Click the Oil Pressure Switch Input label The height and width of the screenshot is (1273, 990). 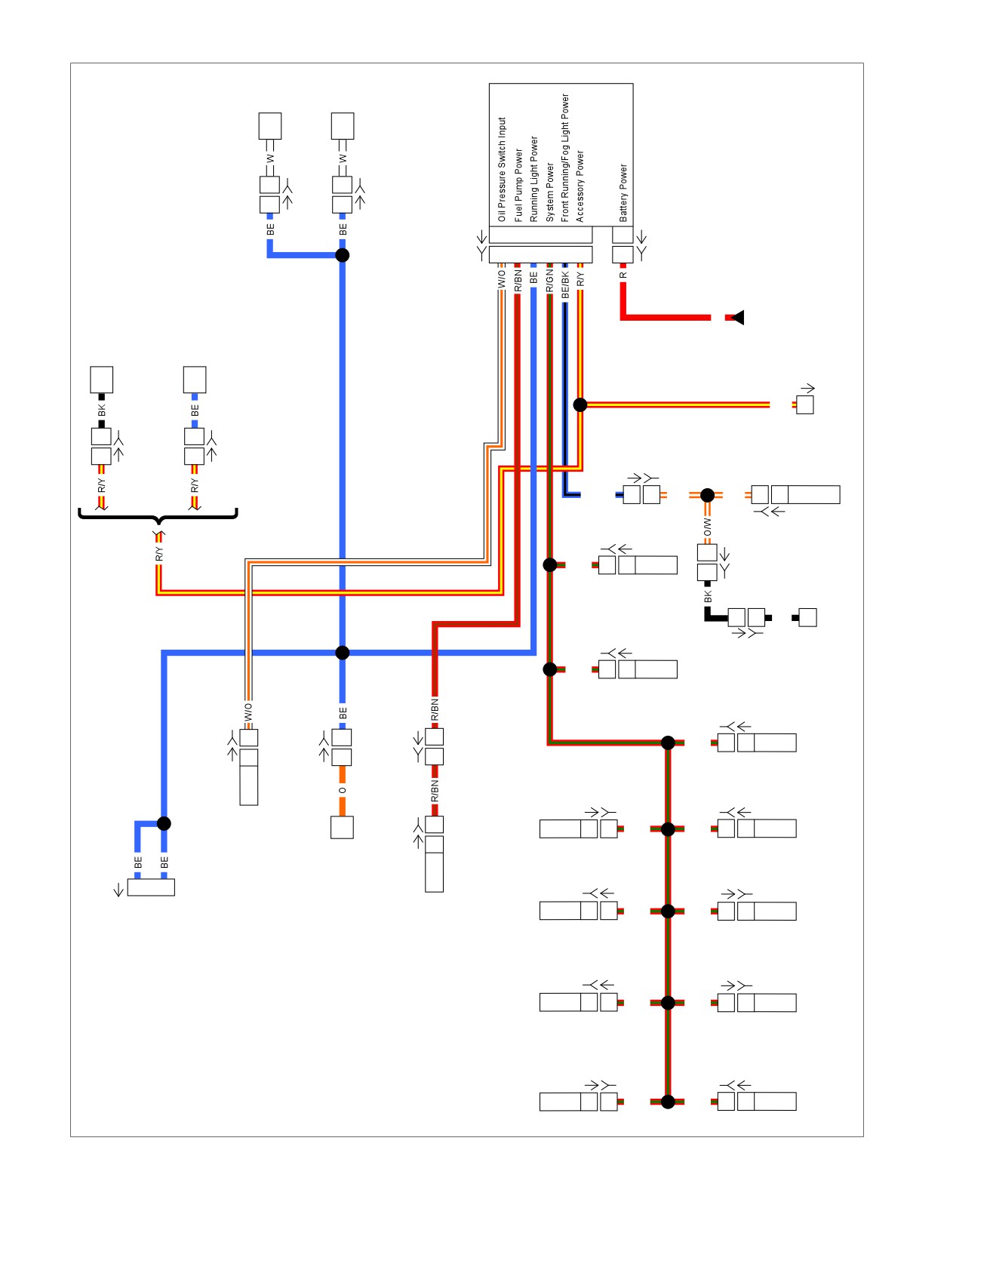click(502, 169)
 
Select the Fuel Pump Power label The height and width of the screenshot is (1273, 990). click(518, 185)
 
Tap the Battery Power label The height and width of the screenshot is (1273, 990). click(623, 192)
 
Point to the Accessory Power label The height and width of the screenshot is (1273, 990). click(580, 186)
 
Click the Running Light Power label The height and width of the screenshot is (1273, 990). click(533, 179)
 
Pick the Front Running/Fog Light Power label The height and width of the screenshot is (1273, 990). click(564, 158)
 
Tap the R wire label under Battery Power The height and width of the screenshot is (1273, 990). click(623, 275)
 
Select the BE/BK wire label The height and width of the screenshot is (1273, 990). click(565, 284)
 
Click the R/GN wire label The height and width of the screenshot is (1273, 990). click(549, 281)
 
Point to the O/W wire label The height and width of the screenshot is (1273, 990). click(707, 527)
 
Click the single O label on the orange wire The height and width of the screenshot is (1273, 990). click(343, 791)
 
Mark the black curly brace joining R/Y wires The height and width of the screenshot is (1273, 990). click(158, 517)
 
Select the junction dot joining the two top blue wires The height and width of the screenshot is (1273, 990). click(342, 255)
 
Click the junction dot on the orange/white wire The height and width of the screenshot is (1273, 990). click(707, 495)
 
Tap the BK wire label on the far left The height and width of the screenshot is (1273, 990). click(102, 410)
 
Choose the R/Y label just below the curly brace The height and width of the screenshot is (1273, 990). click(158, 554)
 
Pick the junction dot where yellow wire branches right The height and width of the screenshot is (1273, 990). click(580, 405)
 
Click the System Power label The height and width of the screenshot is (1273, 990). click(549, 192)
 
